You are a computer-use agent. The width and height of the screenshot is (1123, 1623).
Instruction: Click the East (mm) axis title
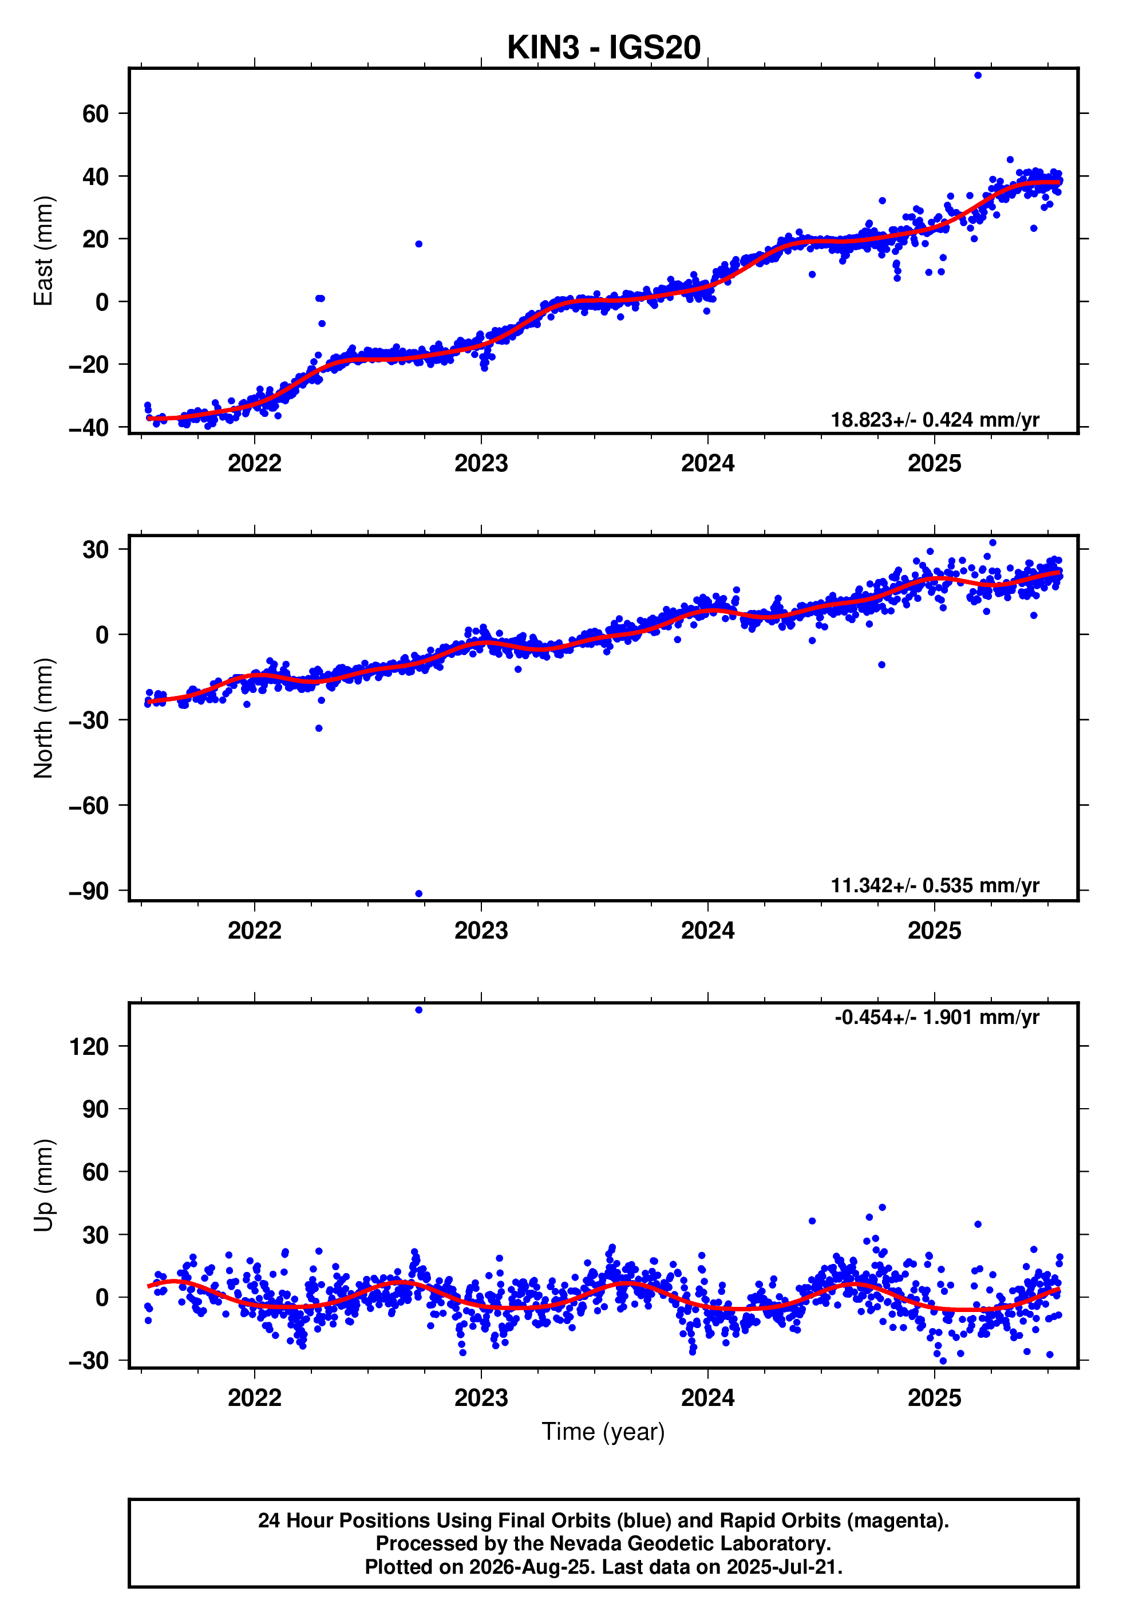pyautogui.click(x=44, y=251)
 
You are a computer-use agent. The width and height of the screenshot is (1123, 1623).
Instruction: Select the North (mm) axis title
pyautogui.click(x=44, y=718)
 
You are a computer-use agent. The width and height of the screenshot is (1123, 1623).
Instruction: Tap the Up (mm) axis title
pyautogui.click(x=44, y=1185)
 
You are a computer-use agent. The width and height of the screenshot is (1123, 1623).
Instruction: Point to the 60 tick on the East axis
pyautogui.click(x=96, y=113)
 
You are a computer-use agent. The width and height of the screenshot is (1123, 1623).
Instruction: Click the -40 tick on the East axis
pyautogui.click(x=89, y=427)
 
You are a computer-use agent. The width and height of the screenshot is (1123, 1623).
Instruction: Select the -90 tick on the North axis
pyautogui.click(x=89, y=891)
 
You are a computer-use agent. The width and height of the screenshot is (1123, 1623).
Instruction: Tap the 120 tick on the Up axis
pyautogui.click(x=89, y=1046)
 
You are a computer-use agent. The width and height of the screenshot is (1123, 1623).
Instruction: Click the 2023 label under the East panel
pyautogui.click(x=481, y=463)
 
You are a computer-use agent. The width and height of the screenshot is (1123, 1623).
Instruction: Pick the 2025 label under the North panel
pyautogui.click(x=935, y=931)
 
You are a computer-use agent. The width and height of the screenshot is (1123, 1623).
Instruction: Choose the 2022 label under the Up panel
pyautogui.click(x=255, y=1398)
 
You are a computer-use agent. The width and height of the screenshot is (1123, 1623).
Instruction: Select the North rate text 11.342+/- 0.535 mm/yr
pyautogui.click(x=935, y=885)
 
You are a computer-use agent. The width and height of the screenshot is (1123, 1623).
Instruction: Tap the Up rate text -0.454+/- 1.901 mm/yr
pyautogui.click(x=937, y=1017)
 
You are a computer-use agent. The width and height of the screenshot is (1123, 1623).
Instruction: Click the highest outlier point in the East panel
pyautogui.click(x=978, y=75)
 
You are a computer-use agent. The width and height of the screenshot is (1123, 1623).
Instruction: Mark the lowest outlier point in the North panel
pyautogui.click(x=418, y=894)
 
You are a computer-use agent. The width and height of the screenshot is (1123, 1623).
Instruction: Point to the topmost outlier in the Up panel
pyautogui.click(x=418, y=1010)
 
